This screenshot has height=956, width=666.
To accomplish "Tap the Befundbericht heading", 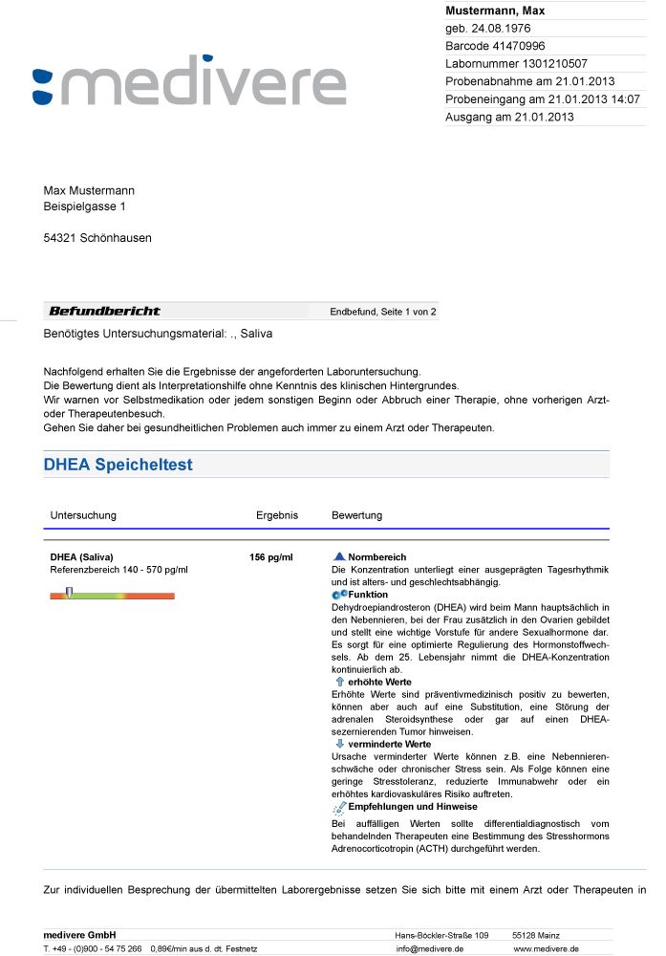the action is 104,311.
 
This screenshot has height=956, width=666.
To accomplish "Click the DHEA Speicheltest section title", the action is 118,465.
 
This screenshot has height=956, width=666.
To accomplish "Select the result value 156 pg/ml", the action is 270,556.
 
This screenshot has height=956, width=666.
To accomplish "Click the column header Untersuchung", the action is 83,515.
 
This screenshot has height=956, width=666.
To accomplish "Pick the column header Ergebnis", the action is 277,515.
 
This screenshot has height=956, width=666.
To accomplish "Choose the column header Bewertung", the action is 356,515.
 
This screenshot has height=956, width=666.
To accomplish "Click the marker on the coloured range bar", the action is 69,594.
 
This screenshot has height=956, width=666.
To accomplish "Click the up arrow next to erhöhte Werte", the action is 339,682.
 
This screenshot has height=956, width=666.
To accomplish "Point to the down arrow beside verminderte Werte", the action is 339,743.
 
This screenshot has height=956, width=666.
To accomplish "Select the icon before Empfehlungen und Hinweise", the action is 339,807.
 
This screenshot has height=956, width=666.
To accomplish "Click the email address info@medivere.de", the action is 429,948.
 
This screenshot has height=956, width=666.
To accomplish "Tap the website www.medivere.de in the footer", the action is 546,948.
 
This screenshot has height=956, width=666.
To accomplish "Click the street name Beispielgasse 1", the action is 84,206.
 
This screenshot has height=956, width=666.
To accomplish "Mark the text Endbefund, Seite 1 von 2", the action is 383,312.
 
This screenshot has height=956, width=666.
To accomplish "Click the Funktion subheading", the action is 368,595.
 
